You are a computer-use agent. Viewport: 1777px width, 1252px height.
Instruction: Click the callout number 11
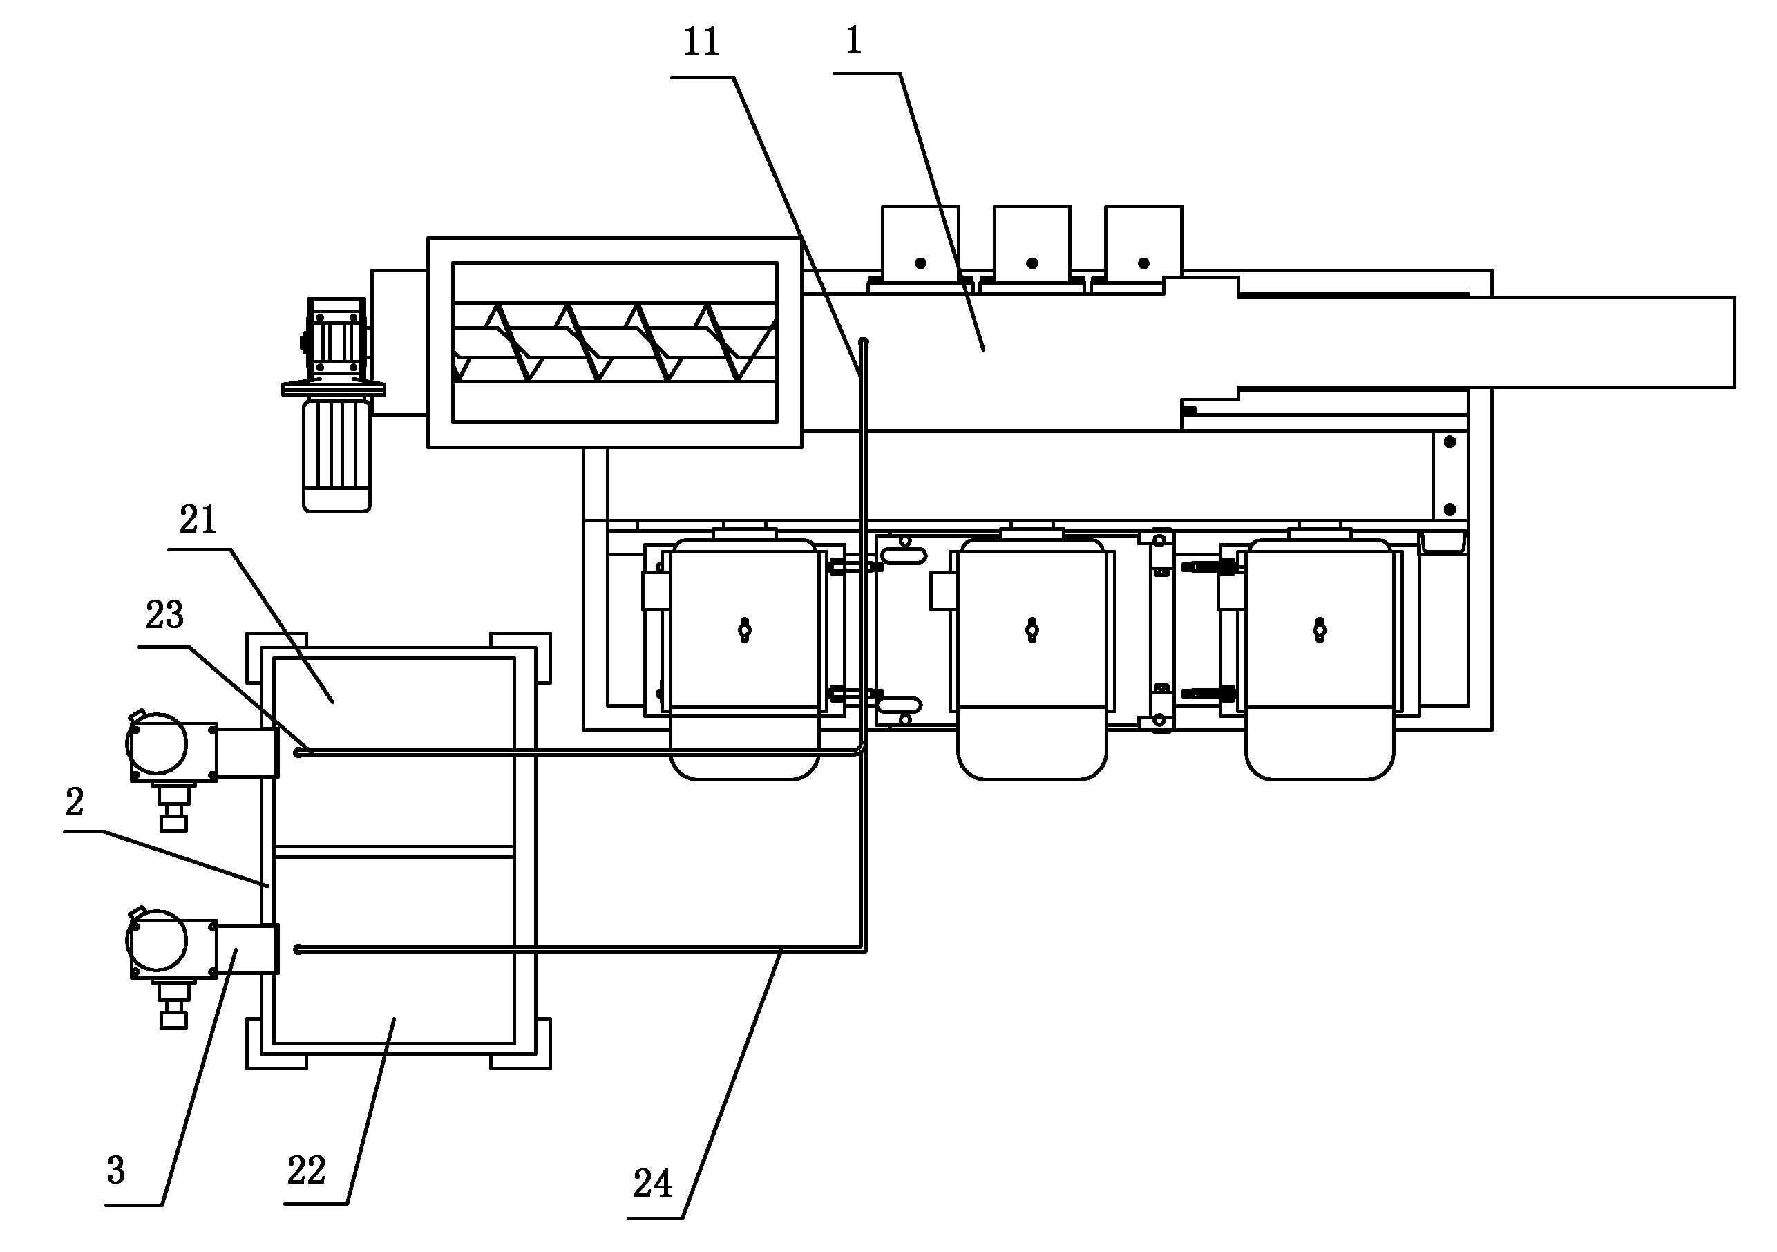(701, 43)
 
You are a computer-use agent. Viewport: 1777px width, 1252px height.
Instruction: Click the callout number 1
(854, 41)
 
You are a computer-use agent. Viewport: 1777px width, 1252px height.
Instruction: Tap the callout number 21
(198, 521)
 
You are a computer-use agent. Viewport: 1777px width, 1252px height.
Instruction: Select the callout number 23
(165, 616)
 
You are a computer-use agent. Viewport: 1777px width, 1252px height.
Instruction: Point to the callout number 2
(75, 802)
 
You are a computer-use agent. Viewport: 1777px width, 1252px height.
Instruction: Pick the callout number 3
(116, 1170)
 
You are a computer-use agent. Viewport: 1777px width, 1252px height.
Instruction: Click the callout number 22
(307, 1170)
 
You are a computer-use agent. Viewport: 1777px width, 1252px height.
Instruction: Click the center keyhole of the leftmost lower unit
(745, 630)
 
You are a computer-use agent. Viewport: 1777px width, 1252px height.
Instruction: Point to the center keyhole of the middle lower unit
(1032, 630)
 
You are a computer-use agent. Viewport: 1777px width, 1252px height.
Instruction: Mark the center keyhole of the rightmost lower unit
(1320, 630)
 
